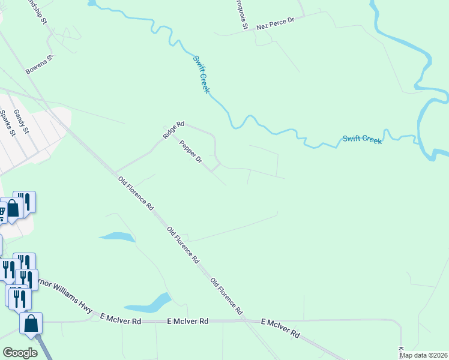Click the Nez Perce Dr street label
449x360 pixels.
[x=276, y=23]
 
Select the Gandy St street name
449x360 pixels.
[x=22, y=121]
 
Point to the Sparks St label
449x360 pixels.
[x=7, y=123]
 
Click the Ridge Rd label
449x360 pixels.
[x=171, y=129]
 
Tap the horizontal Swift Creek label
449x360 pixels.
[x=362, y=139]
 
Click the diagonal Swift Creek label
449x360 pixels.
[x=201, y=74]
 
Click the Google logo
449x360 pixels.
[x=20, y=353]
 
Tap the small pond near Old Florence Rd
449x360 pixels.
[x=118, y=236]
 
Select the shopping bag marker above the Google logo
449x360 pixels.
[x=31, y=324]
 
